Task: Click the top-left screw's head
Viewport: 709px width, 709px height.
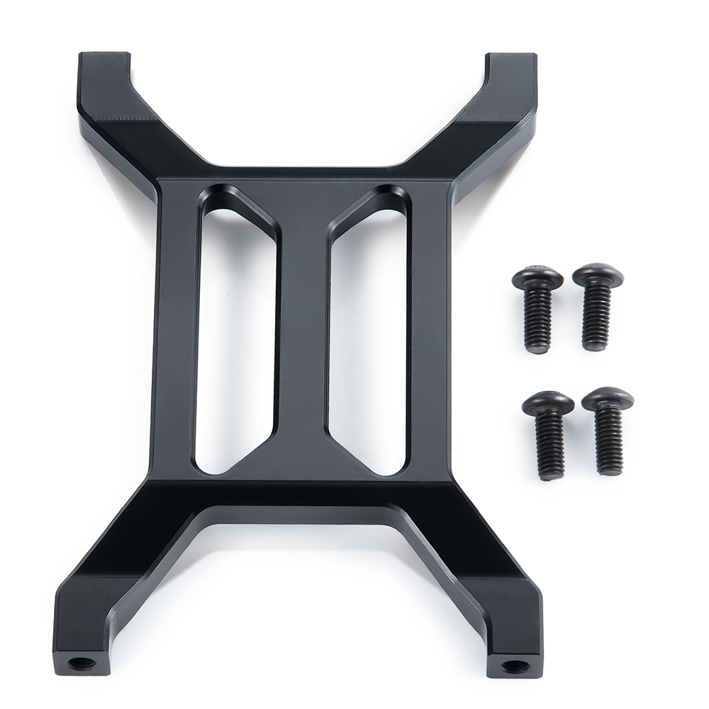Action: point(537,277)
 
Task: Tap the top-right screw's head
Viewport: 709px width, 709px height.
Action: point(598,274)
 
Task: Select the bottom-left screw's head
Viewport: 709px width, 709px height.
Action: point(547,403)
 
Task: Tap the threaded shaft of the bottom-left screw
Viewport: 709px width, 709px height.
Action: point(551,447)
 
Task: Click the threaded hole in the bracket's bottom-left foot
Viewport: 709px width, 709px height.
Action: point(79,664)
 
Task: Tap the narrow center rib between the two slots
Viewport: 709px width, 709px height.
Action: point(302,333)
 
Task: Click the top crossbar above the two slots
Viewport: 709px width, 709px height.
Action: point(302,186)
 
